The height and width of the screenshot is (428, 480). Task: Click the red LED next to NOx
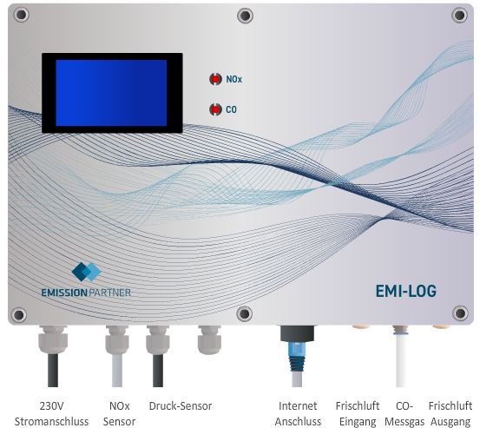point(215,79)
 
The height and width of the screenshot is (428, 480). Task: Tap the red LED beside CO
point(215,109)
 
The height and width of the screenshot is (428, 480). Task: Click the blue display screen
point(111,93)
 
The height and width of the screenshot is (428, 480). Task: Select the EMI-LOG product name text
point(406,291)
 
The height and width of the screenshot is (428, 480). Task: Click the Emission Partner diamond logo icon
point(86,272)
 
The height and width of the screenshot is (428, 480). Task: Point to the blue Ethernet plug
point(296,356)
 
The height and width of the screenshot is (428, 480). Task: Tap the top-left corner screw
point(21,15)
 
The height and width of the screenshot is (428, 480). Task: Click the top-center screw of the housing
point(245,16)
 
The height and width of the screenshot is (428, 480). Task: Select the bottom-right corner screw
point(460,313)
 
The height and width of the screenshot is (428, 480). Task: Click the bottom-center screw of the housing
point(244,313)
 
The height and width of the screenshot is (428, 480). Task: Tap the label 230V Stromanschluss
point(51,413)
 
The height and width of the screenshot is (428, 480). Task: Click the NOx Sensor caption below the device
point(120,413)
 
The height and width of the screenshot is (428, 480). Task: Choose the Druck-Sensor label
point(181,406)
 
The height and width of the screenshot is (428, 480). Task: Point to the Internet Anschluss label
point(298,413)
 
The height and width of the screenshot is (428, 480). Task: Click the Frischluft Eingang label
point(358,413)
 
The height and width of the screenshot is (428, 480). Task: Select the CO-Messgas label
point(404,413)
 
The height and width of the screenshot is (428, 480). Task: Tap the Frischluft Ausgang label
point(450,413)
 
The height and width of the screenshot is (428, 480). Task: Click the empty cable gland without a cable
point(209,339)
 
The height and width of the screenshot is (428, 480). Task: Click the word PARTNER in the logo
point(109,293)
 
